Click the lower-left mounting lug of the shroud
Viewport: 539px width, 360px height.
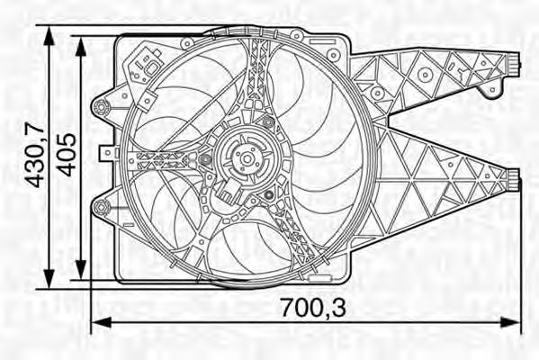[x=101, y=211]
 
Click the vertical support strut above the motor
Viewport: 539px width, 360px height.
[x=257, y=81]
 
